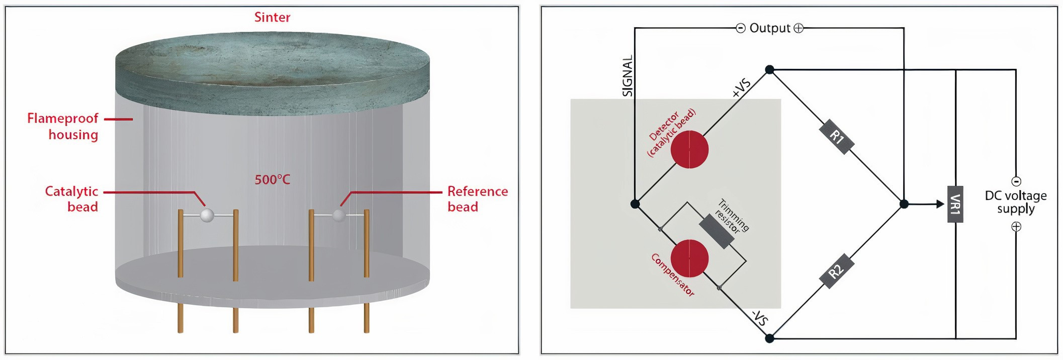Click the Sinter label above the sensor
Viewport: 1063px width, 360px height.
(x=272, y=18)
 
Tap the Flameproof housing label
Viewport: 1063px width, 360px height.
(x=63, y=126)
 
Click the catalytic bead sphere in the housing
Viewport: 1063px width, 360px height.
(x=207, y=216)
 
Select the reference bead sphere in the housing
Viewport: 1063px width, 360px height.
(x=339, y=215)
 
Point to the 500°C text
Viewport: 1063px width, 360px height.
(x=272, y=179)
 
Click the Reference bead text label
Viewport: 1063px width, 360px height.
(x=477, y=199)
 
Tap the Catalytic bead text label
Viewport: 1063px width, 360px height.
(x=72, y=199)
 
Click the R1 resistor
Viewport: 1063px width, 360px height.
(x=836, y=137)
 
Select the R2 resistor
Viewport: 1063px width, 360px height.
(x=836, y=272)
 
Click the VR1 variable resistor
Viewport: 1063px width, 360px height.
(x=955, y=204)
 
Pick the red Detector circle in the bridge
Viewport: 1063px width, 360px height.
(x=689, y=149)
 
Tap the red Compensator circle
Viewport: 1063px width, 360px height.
(x=689, y=258)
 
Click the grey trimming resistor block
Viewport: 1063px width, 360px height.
(x=718, y=231)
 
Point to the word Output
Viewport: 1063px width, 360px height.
(x=770, y=28)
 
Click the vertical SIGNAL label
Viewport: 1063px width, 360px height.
(x=628, y=76)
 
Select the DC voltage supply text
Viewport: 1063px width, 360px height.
(x=1016, y=202)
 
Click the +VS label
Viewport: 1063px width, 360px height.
(x=742, y=87)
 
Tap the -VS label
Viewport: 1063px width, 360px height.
(x=760, y=318)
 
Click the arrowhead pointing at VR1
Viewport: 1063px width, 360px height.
(x=939, y=204)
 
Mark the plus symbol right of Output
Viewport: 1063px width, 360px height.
(x=799, y=28)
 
